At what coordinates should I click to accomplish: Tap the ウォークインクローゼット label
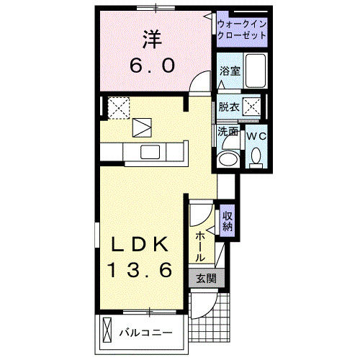coord(242,30)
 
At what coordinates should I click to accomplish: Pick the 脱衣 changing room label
coord(228,107)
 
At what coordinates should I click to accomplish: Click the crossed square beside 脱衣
coord(252,107)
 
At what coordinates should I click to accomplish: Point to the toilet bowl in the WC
coord(256,156)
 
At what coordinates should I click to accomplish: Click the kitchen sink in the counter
coord(150,152)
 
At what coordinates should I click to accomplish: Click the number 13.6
coord(140,271)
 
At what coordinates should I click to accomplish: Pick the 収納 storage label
coord(228,219)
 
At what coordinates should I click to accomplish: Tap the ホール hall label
coord(199,246)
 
